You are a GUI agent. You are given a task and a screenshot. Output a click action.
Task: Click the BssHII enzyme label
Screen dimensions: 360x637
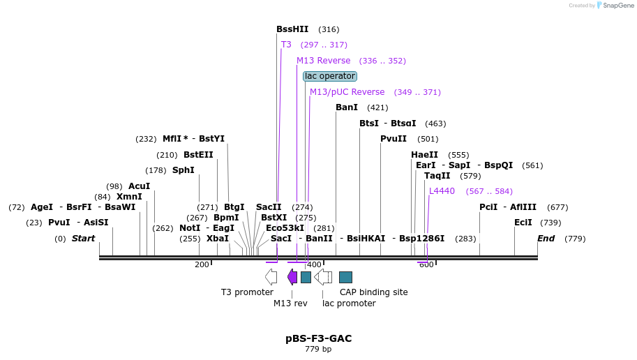pos(292,29)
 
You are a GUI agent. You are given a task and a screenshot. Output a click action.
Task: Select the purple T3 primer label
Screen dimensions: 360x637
pos(286,45)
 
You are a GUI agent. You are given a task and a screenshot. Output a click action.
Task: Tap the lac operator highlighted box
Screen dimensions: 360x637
pos(330,76)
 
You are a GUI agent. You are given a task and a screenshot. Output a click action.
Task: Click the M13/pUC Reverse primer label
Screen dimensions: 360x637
pos(347,92)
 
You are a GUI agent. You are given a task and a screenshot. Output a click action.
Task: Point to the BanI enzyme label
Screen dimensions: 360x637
pos(346,107)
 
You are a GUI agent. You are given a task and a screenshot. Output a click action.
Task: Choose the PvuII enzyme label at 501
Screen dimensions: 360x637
pos(393,139)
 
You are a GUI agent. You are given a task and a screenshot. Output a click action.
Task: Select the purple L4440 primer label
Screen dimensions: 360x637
pos(442,191)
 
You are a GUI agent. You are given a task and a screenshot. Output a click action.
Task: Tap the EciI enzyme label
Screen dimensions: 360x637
pos(523,223)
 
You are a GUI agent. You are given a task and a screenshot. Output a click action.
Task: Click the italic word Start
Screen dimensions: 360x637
pos(83,239)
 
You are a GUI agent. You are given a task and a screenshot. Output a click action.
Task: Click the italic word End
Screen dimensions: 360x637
pos(546,239)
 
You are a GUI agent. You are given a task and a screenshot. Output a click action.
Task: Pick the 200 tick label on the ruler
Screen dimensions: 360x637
pos(202,264)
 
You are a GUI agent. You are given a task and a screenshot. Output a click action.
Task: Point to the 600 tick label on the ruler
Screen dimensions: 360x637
pos(426,264)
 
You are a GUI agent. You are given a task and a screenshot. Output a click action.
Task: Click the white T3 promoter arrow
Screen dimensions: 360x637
pos(271,277)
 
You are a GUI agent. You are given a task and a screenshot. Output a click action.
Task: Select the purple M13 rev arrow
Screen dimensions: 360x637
pos(292,277)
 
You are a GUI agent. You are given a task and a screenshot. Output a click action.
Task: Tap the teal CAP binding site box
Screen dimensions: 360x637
pos(345,277)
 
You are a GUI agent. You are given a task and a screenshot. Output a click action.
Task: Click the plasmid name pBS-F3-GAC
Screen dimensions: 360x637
pos(318,338)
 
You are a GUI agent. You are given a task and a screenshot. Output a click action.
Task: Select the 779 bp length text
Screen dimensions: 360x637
pos(318,349)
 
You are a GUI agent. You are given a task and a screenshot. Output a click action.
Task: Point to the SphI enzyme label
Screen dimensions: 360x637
pos(183,170)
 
